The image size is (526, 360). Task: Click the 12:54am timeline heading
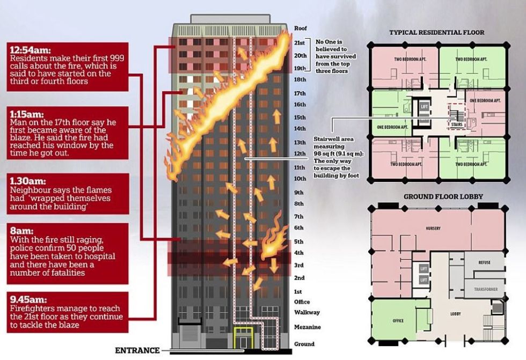click(30, 50)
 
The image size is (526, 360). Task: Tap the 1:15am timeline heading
click(27, 114)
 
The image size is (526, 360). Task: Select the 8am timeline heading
click(22, 231)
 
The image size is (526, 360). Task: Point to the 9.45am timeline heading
click(28, 300)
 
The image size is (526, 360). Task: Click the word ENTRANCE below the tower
click(137, 351)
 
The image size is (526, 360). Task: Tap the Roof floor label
click(300, 28)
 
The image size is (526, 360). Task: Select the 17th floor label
click(300, 93)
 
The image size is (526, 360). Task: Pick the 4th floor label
click(298, 253)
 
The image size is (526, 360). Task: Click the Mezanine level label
click(307, 327)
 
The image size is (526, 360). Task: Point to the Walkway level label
click(307, 312)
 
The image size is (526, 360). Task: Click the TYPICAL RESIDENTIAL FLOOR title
click(437, 33)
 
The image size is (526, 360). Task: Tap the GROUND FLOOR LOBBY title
click(443, 197)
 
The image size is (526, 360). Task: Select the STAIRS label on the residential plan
click(457, 124)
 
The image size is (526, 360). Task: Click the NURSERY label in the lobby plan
click(433, 228)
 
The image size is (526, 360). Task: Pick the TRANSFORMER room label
click(486, 289)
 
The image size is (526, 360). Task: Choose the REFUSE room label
click(485, 262)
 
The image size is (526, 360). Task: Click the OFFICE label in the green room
click(398, 321)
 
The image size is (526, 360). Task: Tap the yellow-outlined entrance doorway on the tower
click(244, 338)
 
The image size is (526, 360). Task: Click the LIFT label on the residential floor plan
click(425, 107)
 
